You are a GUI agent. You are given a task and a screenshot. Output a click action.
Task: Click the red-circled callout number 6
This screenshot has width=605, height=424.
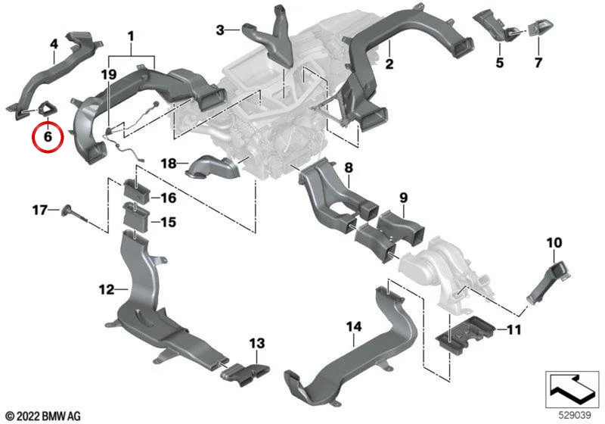48,136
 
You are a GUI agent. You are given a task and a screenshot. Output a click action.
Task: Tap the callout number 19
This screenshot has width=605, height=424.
109,74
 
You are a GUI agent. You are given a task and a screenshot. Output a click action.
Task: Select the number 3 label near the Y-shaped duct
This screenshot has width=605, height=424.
220,30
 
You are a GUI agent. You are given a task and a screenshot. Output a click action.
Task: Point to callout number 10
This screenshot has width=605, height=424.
554,243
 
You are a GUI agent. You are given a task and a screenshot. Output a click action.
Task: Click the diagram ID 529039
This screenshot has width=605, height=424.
575,415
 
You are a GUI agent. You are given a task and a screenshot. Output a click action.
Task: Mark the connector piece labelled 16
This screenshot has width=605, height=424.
135,190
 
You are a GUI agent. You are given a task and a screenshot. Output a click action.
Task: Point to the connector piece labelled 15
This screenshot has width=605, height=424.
135,218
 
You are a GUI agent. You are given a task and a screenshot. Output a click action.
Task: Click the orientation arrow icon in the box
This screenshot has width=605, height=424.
572,389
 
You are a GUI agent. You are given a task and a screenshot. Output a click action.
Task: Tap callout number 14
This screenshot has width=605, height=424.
353,327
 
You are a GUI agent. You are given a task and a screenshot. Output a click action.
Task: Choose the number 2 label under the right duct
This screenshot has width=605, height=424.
389,64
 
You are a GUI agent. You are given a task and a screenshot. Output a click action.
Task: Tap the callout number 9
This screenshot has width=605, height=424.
403,198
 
